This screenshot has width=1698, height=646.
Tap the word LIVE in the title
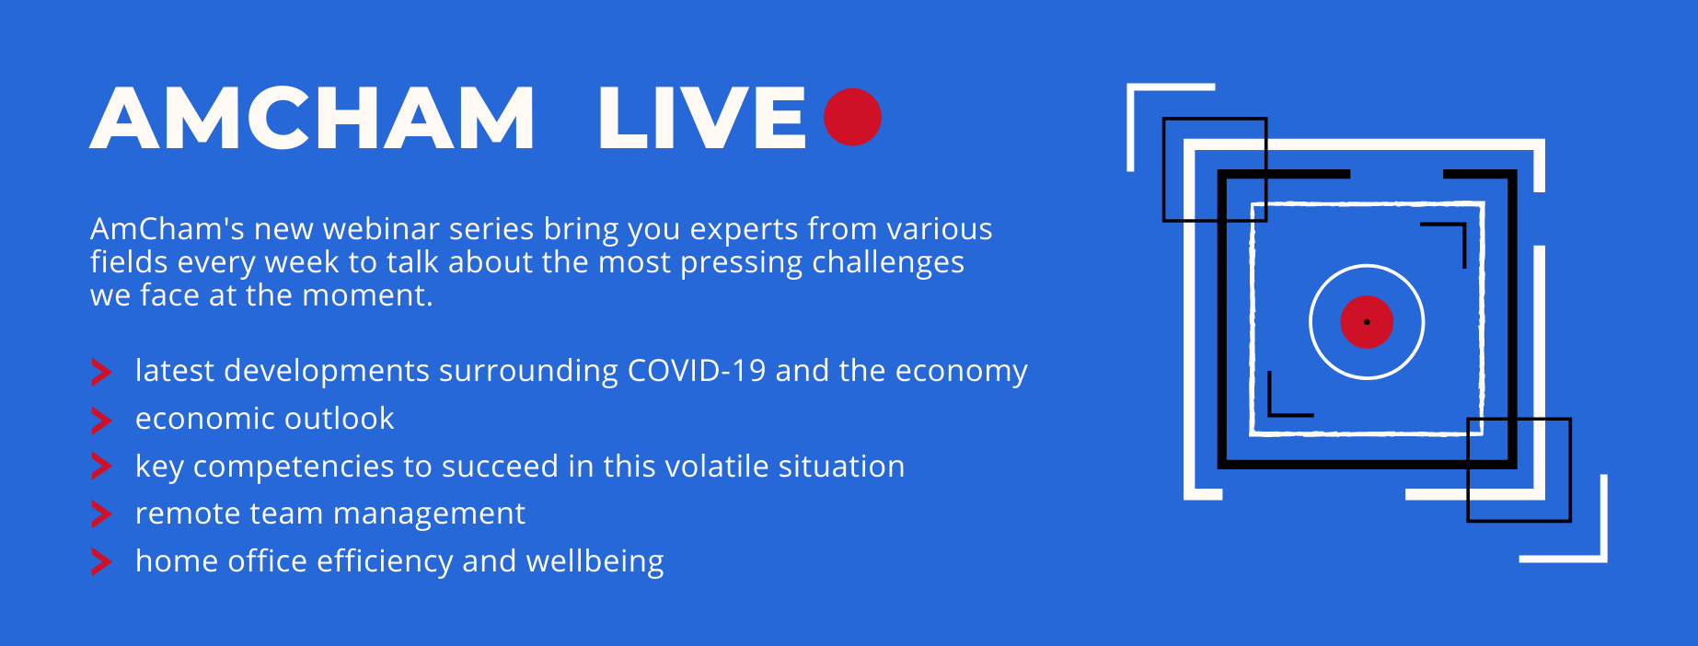[701, 118]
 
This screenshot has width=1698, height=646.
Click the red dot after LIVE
[852, 117]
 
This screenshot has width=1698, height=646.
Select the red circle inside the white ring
[1367, 322]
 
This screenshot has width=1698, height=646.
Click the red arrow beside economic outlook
[101, 421]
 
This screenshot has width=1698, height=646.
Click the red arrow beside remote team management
[101, 514]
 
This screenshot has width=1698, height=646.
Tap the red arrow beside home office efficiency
[101, 562]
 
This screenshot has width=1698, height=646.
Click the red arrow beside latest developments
[101, 373]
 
